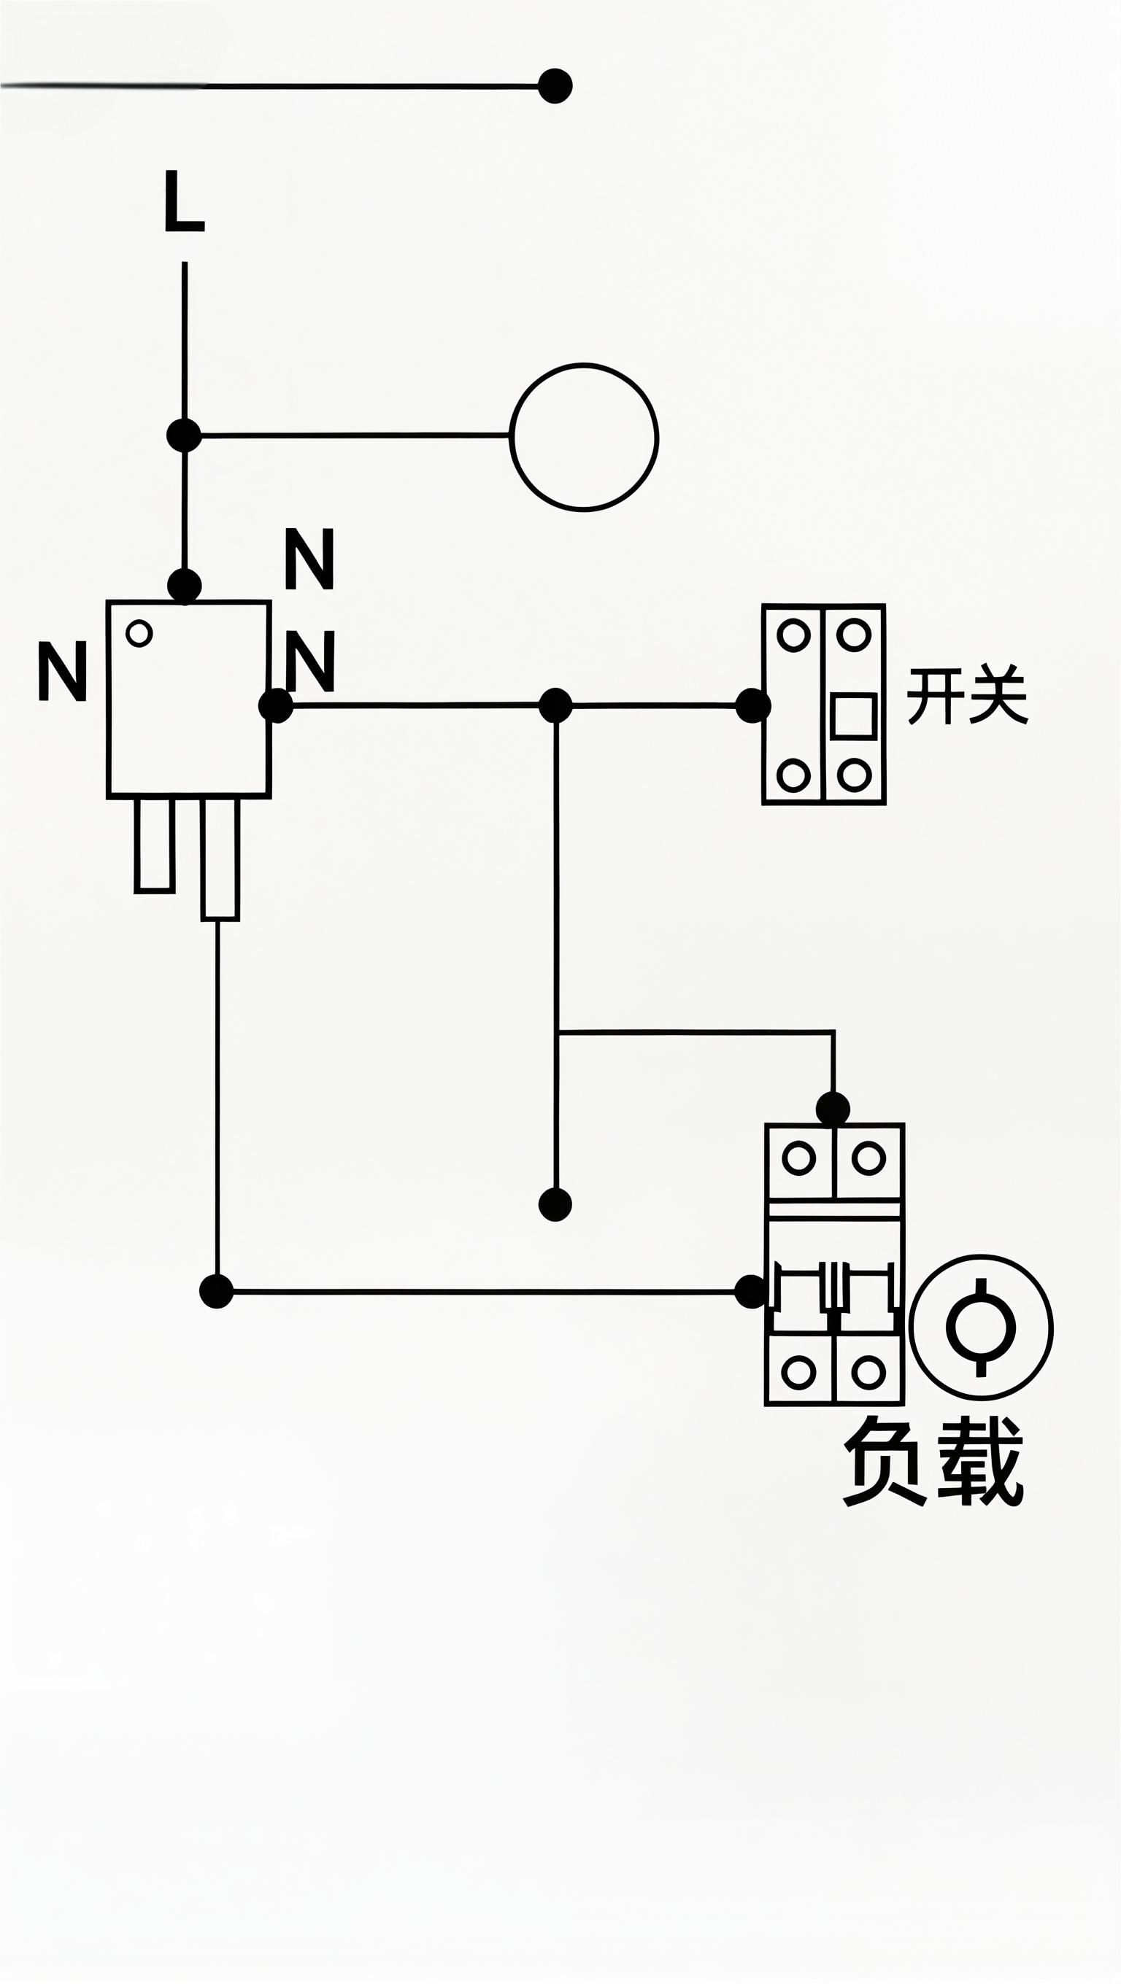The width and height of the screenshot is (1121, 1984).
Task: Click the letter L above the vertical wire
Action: click(184, 201)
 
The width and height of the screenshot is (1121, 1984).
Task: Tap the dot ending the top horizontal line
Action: click(555, 85)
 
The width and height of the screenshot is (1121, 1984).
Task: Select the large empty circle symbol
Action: click(584, 437)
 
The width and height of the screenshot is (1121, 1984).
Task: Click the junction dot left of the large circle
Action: click(183, 435)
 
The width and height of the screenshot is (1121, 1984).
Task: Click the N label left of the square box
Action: click(61, 671)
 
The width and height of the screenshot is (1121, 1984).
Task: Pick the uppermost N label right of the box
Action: click(309, 559)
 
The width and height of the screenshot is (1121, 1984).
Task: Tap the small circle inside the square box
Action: click(139, 633)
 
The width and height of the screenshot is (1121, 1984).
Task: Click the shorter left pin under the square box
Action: click(154, 845)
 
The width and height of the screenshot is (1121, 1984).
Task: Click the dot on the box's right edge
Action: click(275, 705)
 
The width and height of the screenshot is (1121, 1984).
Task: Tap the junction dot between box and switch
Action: click(555, 705)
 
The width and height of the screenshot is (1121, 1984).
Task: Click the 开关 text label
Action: click(967, 694)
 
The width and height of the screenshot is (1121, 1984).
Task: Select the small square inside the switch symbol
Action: click(854, 716)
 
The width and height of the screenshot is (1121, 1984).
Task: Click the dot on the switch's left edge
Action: click(752, 705)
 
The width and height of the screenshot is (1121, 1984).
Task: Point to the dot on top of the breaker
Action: click(832, 1109)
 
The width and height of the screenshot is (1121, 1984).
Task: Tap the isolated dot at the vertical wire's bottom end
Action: click(555, 1204)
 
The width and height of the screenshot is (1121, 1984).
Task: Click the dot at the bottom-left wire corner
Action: click(217, 1292)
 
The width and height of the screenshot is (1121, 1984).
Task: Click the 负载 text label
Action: click(933, 1461)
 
